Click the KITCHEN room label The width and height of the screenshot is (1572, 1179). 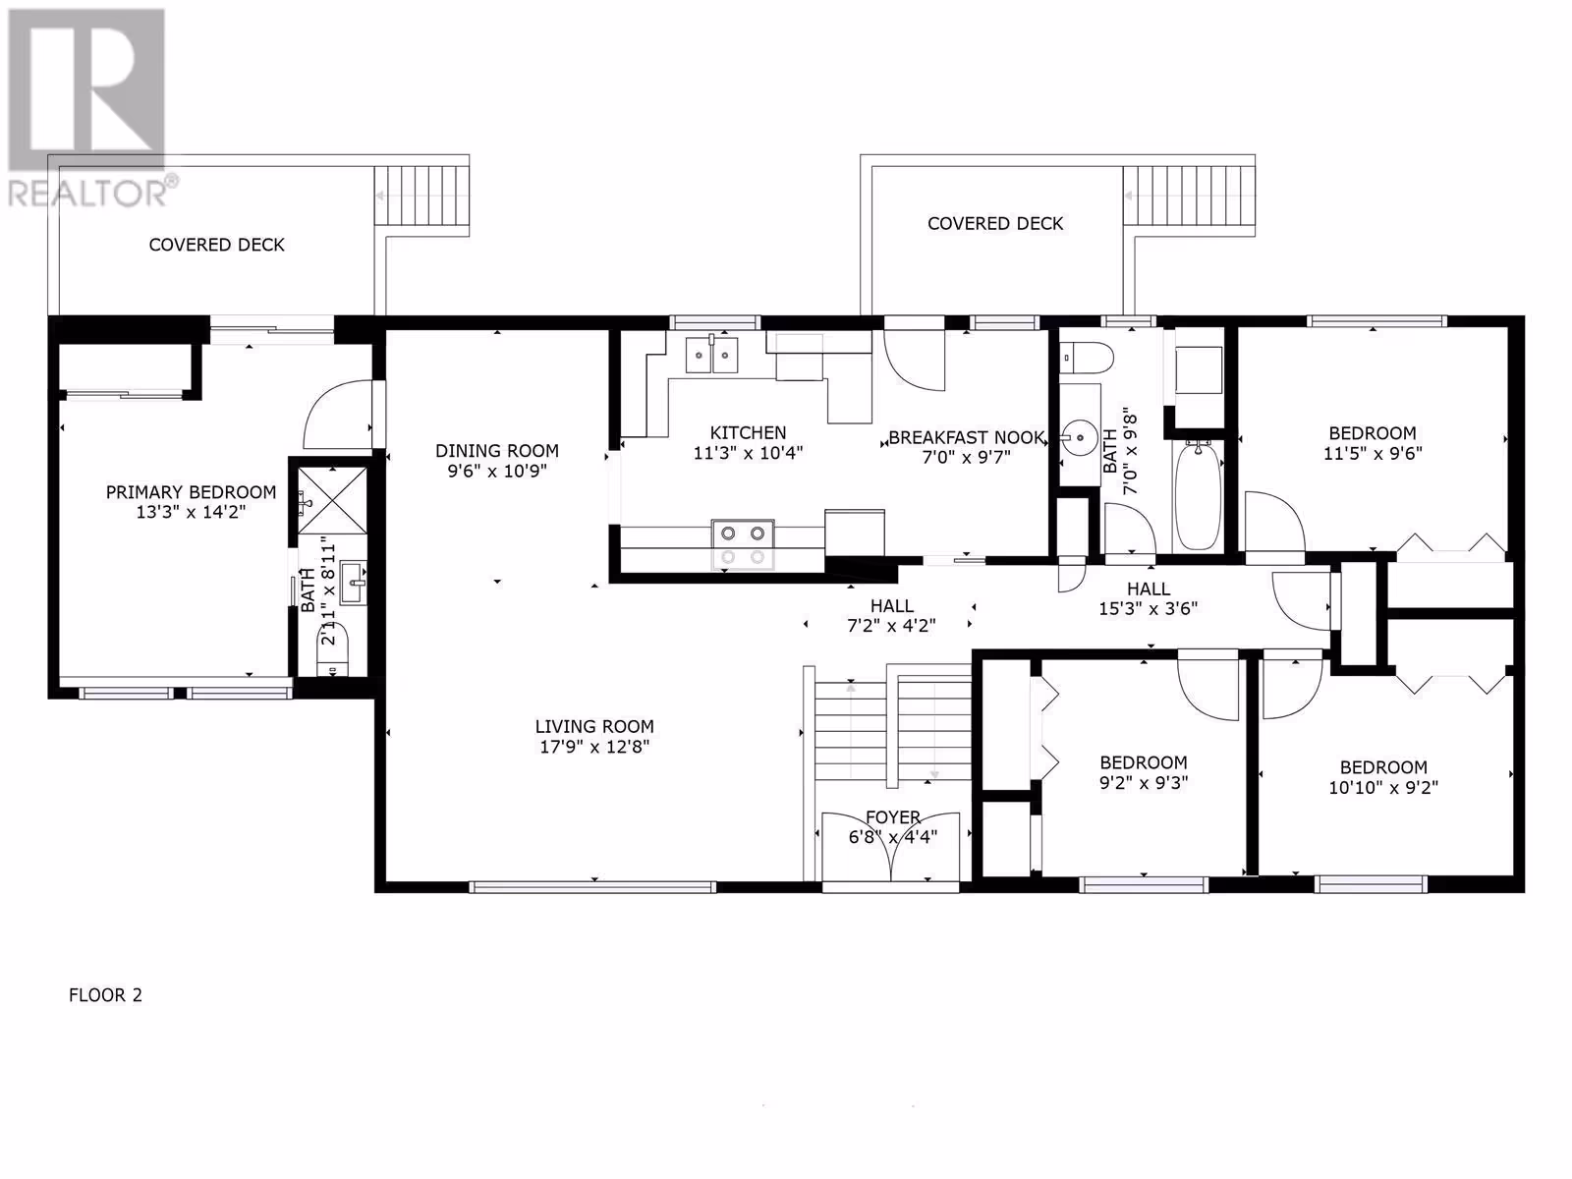coord(748,432)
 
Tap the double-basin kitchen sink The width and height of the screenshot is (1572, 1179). coord(712,355)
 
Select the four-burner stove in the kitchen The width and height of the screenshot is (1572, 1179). coord(743,544)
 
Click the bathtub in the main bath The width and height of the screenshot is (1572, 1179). coord(1198,495)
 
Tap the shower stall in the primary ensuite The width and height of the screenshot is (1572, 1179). coord(331,500)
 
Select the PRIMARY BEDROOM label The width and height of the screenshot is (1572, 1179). coord(191,492)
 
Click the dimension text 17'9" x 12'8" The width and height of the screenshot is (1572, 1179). coord(594,747)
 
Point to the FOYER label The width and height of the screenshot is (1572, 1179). coord(893,816)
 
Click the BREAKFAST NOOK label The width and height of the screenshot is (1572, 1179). coord(966,437)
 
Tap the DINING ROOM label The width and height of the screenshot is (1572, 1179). coord(497,451)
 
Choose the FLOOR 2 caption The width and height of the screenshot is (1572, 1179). coord(105,995)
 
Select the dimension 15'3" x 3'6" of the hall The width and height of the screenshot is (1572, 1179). coord(1148,608)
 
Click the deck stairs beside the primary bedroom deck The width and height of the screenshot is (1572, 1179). coord(421,196)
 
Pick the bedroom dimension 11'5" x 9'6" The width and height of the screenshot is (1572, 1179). coord(1373,453)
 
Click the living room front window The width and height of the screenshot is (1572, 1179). coord(593,887)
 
